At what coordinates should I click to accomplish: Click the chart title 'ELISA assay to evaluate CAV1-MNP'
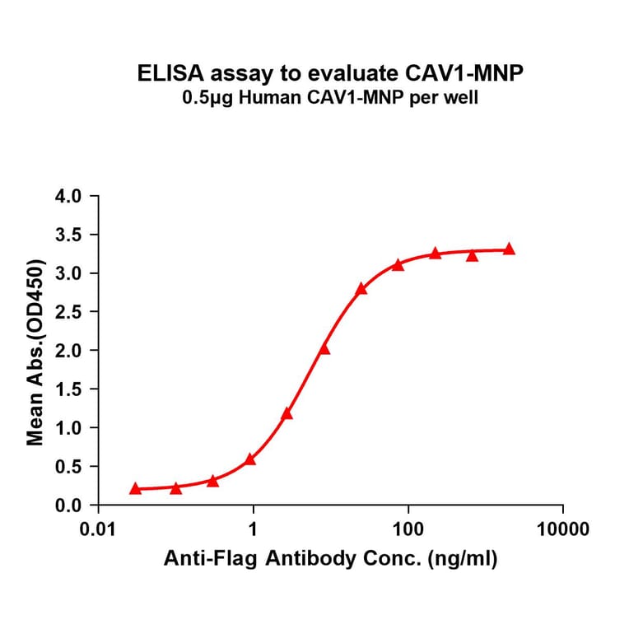329,73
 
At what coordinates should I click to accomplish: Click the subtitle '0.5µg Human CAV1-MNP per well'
329,98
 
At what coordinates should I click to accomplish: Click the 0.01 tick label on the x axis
99,529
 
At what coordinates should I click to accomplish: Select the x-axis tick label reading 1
254,529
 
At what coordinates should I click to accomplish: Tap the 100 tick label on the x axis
408,529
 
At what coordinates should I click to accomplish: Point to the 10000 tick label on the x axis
562,529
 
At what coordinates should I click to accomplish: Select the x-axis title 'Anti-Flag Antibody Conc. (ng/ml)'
330,560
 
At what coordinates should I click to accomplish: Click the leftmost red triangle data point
135,488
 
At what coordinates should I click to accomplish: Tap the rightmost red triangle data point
509,249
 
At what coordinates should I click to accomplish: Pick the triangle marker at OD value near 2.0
324,349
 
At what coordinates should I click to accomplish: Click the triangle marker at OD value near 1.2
287,413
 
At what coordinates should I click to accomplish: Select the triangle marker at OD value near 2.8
361,288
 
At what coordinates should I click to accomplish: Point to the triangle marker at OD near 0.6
250,459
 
